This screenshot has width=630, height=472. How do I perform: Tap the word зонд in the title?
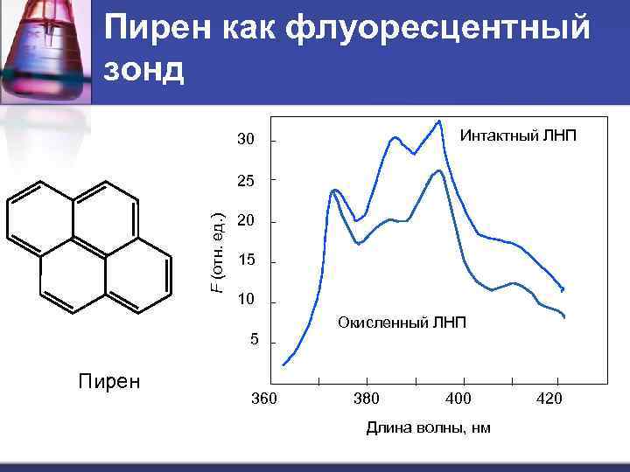coord(145,70)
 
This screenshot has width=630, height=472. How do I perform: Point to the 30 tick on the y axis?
coord(246,141)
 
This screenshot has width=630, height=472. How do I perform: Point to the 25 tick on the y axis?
coord(246,182)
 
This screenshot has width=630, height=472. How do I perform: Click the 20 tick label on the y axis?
coord(246,222)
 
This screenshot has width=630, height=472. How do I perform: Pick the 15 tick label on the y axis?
coord(246,261)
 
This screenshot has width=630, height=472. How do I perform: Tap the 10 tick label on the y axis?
coord(246,301)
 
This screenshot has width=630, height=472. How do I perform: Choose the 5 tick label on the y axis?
coord(254,340)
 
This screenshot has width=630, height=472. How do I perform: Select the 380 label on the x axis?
coord(366,399)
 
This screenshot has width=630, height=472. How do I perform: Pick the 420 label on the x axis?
coord(549,399)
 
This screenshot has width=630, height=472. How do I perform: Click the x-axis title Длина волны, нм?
coord(416,427)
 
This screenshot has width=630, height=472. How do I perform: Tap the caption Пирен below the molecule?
coord(109,382)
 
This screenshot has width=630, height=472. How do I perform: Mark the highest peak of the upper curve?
coord(438,121)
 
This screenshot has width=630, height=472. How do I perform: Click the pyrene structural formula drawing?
coord(87,247)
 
